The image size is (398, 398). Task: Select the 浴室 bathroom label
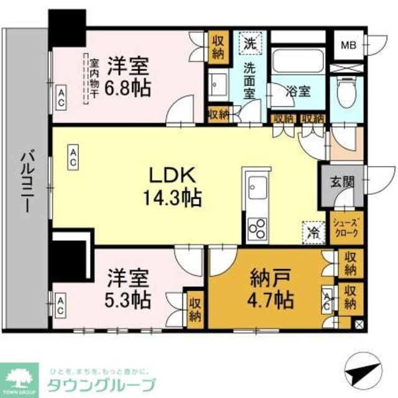(298, 91)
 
